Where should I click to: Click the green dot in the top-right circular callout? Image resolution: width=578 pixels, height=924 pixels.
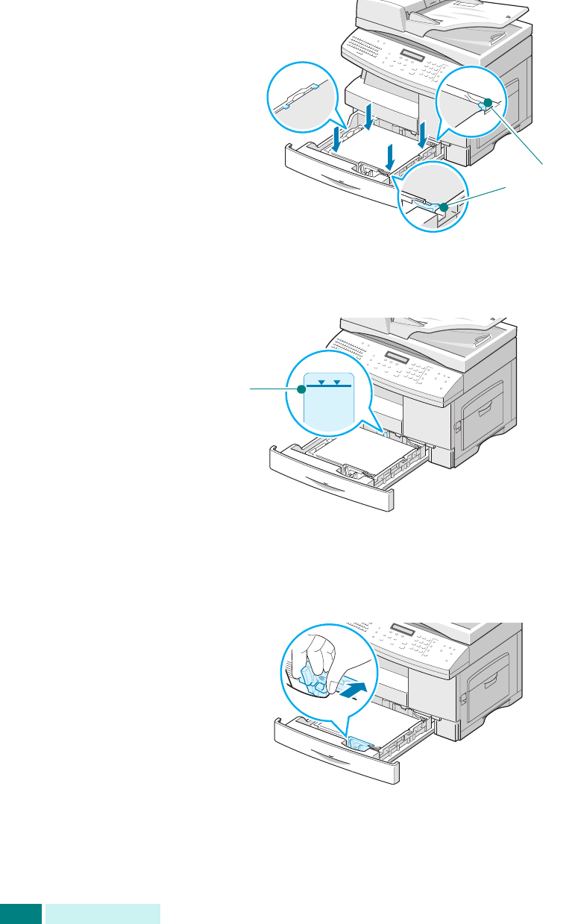point(487,102)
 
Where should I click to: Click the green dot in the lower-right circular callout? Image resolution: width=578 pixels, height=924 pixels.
point(444,207)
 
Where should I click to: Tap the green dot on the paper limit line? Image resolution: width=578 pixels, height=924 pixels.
point(301,389)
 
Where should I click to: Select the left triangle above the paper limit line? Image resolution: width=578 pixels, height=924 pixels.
point(321,382)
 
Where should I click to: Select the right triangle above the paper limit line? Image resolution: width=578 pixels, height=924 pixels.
point(337,382)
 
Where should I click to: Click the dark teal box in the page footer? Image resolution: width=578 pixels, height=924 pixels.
point(20,914)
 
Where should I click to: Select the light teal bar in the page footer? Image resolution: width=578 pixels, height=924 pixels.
point(102,914)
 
